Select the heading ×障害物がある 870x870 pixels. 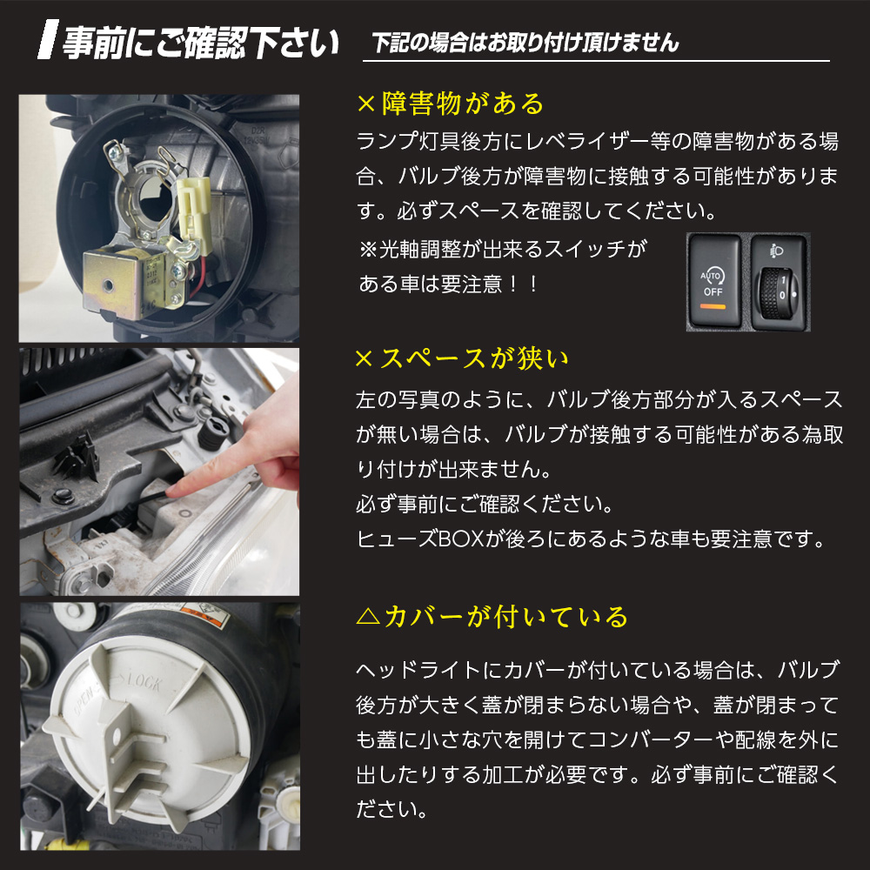(x=450, y=104)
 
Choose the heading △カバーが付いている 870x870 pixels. (x=492, y=617)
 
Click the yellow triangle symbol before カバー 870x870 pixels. (x=367, y=618)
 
